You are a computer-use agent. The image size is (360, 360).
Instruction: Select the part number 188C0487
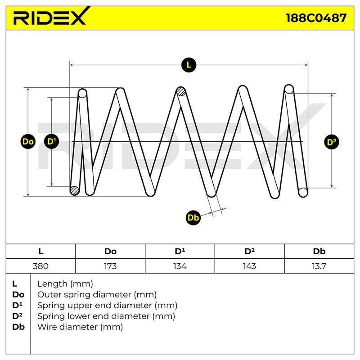[316, 18]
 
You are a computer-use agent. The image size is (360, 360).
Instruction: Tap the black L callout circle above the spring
[189, 65]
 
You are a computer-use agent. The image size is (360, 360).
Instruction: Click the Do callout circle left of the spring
[28, 142]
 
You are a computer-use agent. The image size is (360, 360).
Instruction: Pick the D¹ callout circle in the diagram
[51, 141]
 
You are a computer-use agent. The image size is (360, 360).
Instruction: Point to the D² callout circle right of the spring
[332, 142]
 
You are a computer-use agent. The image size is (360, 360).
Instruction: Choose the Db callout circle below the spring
[193, 217]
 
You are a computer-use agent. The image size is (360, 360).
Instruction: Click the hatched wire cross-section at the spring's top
[181, 92]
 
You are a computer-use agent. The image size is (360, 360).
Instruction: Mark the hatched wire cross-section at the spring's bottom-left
[74, 190]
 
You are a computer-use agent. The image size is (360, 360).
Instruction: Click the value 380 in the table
[40, 266]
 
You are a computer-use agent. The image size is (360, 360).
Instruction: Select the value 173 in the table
[110, 266]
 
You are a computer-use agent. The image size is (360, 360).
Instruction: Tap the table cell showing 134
[180, 266]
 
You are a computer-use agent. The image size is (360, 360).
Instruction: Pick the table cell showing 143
[250, 266]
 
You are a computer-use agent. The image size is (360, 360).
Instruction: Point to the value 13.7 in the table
[319, 266]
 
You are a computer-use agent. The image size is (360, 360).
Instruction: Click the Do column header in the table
[110, 252]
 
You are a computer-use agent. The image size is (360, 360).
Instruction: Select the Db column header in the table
[319, 252]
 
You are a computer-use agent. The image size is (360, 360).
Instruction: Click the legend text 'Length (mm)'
[65, 284]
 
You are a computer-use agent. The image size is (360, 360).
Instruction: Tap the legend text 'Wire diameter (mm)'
[80, 327]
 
